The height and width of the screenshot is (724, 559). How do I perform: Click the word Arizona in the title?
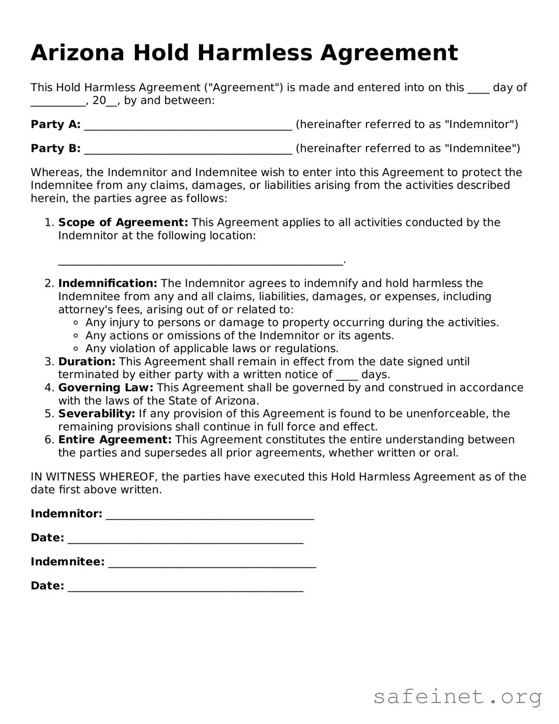[x=77, y=53]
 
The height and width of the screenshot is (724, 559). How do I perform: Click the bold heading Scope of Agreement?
[x=123, y=222]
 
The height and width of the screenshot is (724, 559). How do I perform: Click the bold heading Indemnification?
[x=107, y=284]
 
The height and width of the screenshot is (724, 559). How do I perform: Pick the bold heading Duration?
[x=87, y=362]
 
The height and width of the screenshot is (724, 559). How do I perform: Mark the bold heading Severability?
[x=96, y=414]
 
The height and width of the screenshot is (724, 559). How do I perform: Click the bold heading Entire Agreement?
[x=115, y=440]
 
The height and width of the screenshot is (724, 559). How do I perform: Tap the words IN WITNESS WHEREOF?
[x=94, y=477]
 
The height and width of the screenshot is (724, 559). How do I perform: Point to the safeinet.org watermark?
[x=458, y=697]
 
